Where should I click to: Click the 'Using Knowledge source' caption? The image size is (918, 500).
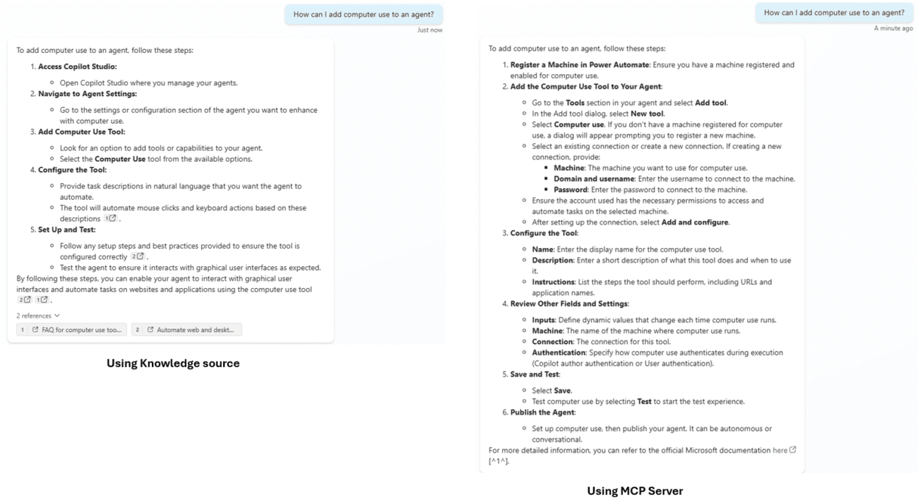[173, 364]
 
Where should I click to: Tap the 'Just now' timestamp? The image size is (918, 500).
[429, 30]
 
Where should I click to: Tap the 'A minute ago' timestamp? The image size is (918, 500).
[893, 28]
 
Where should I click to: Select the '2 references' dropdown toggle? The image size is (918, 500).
[38, 315]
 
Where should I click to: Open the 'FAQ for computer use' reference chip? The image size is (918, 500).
[72, 329]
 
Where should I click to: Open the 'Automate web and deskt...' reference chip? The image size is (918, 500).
[186, 329]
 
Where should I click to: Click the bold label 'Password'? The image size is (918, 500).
[571, 189]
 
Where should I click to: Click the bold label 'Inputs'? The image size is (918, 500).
[543, 320]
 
